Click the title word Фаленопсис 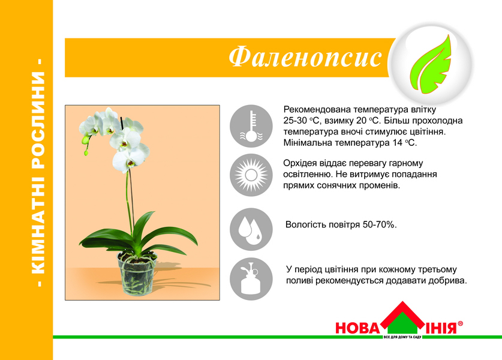305,58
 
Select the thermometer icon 251,126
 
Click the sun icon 251,175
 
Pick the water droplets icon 251,229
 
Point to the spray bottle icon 251,278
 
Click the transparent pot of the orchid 137,273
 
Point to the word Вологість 302,224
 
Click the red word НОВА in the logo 357,328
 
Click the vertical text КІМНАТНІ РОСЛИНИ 38,173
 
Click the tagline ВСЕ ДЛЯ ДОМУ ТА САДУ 402,337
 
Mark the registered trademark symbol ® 460,323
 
